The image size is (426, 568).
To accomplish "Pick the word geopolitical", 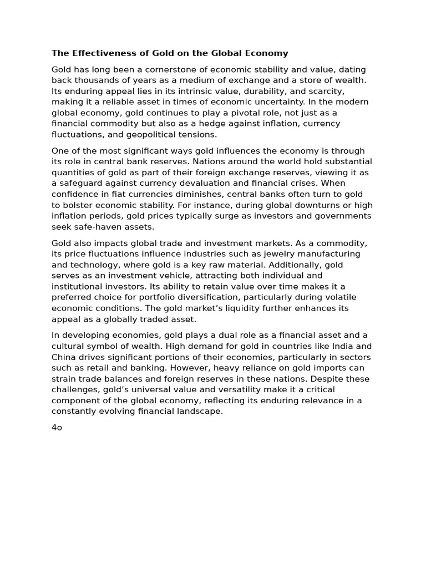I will (x=169, y=134).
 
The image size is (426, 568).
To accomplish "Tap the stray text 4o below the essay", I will (x=57, y=428).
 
